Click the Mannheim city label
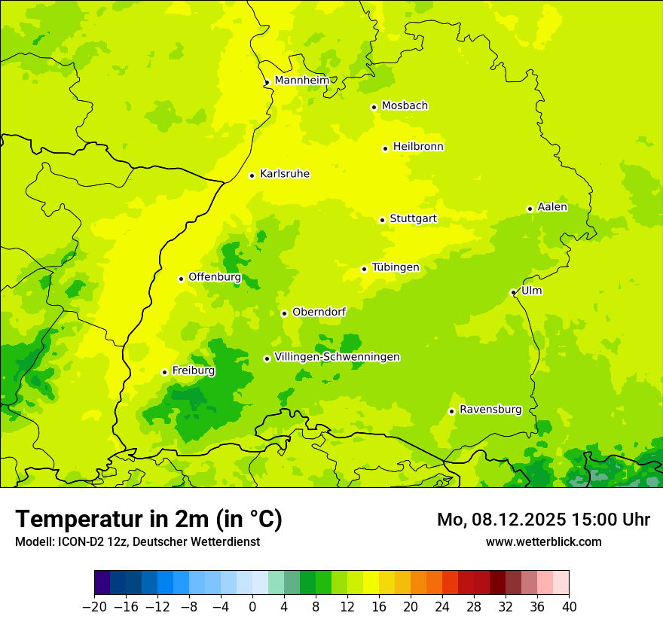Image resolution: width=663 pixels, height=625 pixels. [x=301, y=81]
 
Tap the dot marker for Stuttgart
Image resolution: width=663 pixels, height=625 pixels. [x=382, y=220]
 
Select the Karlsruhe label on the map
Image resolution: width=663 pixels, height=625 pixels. [x=284, y=174]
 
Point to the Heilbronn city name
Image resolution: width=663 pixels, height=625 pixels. [x=418, y=147]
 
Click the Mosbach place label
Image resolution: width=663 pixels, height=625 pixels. [x=405, y=106]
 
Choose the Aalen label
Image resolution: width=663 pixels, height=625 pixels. [x=552, y=207]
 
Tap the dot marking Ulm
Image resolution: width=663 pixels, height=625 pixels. [x=513, y=292]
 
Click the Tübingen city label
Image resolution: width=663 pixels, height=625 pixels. [x=396, y=267]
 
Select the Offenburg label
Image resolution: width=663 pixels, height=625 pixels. [x=215, y=277]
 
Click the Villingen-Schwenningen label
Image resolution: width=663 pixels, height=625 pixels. [x=337, y=357]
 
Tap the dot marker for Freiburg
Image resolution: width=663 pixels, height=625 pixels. [x=164, y=372]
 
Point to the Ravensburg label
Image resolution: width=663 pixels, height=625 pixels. [x=490, y=410]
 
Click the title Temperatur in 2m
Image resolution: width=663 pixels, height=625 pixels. [x=148, y=519]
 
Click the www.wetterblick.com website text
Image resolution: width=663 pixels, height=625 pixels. [x=543, y=541]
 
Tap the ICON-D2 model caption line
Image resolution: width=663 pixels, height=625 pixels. [x=137, y=541]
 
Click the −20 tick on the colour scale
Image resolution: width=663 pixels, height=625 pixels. [x=94, y=607]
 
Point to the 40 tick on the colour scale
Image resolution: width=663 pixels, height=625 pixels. [x=569, y=607]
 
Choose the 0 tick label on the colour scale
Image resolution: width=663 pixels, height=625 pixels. [x=252, y=607]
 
